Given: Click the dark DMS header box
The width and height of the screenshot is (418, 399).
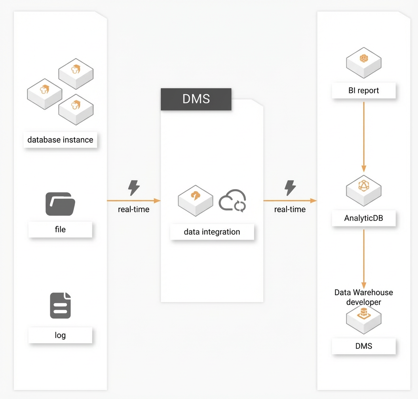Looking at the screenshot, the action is pyautogui.click(x=196, y=99).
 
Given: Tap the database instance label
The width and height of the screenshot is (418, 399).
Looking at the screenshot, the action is pyautogui.click(x=60, y=140).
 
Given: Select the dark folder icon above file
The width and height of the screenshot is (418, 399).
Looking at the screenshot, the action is pyautogui.click(x=60, y=204).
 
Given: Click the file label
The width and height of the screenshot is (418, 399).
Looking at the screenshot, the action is pyautogui.click(x=60, y=229).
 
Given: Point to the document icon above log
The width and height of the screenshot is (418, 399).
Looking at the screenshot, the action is pyautogui.click(x=60, y=306).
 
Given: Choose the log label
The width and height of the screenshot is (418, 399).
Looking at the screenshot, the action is pyautogui.click(x=60, y=335).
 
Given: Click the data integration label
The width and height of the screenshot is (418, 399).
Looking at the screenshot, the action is pyautogui.click(x=212, y=232).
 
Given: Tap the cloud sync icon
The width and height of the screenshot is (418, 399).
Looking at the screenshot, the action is pyautogui.click(x=232, y=201).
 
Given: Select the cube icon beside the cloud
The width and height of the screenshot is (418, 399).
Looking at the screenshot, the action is pyautogui.click(x=196, y=200).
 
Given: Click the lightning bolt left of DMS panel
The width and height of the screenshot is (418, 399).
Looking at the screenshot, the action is pyautogui.click(x=134, y=188).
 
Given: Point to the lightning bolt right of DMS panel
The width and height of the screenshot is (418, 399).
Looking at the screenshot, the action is pyautogui.click(x=290, y=188).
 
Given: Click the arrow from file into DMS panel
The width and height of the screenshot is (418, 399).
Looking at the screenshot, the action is pyautogui.click(x=134, y=200).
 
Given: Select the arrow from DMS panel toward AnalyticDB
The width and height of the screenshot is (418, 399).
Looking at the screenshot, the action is pyautogui.click(x=290, y=200).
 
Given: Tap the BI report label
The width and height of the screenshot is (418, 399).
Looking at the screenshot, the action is pyautogui.click(x=364, y=90).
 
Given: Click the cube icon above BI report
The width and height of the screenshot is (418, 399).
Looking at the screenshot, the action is pyautogui.click(x=364, y=63).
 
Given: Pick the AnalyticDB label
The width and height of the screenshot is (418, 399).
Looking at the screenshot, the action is pyautogui.click(x=364, y=218).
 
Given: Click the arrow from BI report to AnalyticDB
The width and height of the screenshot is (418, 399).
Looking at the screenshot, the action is pyautogui.click(x=364, y=137).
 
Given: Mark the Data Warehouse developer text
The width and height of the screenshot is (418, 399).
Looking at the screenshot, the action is pyautogui.click(x=364, y=297).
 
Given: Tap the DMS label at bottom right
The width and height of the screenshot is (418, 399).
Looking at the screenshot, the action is pyautogui.click(x=364, y=346).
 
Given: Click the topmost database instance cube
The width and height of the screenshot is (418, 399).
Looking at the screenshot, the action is pyautogui.click(x=76, y=74).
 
